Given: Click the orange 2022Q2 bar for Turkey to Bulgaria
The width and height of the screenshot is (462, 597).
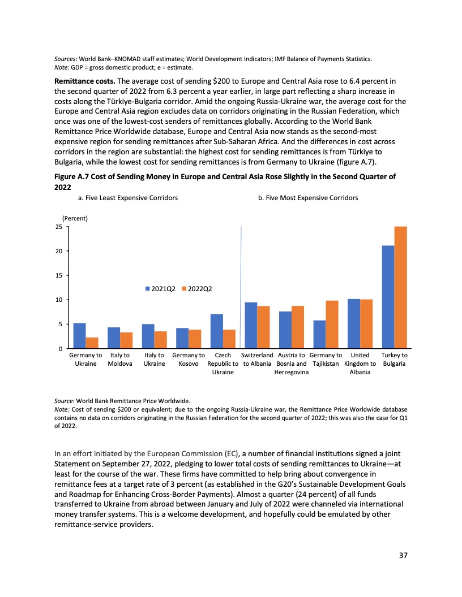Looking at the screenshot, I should [x=400, y=287].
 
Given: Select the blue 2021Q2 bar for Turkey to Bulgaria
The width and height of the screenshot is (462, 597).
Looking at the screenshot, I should [x=388, y=297].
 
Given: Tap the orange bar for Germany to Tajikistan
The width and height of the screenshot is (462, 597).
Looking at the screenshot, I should [x=332, y=325].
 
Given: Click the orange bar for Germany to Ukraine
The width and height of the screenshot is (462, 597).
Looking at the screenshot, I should [x=92, y=343].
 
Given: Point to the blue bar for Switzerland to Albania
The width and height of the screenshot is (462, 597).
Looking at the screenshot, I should [x=251, y=325].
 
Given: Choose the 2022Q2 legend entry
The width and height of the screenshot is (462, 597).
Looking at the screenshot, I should [x=196, y=289].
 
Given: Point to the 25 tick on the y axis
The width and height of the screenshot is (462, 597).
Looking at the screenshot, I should [x=58, y=227].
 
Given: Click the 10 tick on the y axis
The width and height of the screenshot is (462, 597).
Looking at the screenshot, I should [x=58, y=300].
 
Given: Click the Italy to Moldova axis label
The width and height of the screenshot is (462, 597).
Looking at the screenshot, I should [x=120, y=360].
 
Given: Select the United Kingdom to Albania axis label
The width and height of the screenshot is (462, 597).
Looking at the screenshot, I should [x=360, y=364].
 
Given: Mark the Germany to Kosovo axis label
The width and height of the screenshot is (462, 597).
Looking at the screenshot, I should [x=189, y=360].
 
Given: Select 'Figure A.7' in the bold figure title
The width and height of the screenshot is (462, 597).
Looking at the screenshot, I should [x=74, y=177].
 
